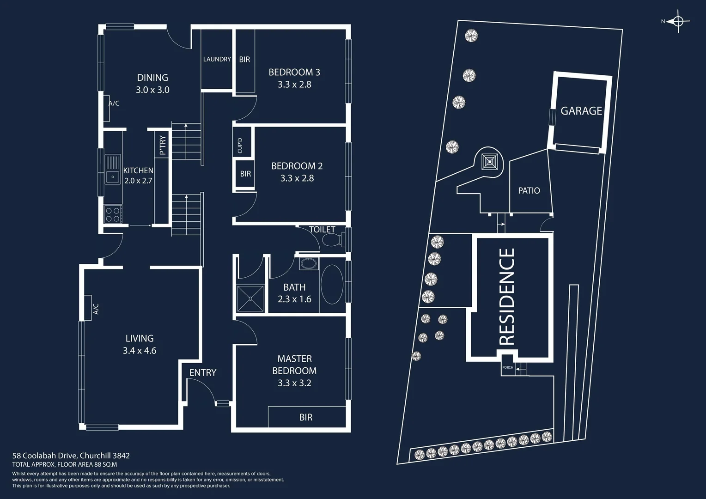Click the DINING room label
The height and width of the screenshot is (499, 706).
coord(152,78)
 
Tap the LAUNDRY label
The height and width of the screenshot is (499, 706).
coord(217,59)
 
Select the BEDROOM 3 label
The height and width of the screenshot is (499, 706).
coord(294,72)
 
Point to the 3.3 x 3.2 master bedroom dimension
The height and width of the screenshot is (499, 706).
coord(294,383)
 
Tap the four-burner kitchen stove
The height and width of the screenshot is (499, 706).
coord(113,214)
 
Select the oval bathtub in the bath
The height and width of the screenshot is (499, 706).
coord(332,285)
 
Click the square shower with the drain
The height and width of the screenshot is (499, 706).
coord(250,299)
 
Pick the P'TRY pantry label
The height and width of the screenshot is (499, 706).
coord(162,145)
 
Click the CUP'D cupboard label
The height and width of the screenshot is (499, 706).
coord(240,146)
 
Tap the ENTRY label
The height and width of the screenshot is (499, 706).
coord(203,372)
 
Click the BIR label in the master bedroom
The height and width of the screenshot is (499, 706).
coord(306,417)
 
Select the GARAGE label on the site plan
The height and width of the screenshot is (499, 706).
coord(581,111)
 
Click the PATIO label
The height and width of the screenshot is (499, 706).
coord(529,190)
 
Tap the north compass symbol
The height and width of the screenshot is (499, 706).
coord(678,21)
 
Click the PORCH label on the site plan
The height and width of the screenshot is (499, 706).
coord(507,368)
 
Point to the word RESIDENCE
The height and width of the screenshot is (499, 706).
coord(507,297)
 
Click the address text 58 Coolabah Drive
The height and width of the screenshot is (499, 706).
coord(71,456)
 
